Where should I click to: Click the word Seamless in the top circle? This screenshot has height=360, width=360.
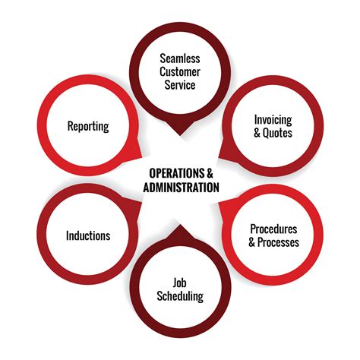178,58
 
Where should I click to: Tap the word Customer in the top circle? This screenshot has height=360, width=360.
178,71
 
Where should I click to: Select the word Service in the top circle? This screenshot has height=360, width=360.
178,85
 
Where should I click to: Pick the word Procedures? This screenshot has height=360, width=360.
273,229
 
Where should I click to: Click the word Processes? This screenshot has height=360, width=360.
279,242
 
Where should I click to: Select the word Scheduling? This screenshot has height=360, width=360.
179,297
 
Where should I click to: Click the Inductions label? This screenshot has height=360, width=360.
87,235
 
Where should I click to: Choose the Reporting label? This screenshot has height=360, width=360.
87,125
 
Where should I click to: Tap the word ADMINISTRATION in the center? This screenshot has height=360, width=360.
179,187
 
